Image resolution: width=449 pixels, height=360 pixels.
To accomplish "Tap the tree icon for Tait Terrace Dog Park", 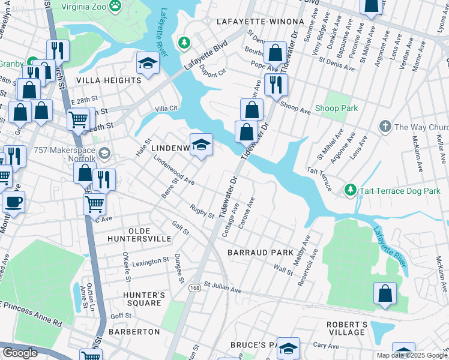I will coord(351,190).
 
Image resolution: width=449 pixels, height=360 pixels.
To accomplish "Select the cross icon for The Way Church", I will coord(385,127).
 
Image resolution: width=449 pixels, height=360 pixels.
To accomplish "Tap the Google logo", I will coord(20,353).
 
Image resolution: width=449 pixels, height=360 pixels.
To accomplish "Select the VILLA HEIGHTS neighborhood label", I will coord(108,80).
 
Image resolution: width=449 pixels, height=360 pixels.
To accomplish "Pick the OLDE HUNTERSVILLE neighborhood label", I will coord(139,235).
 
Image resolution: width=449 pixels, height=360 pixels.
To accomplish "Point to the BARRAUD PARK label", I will coord(260,253).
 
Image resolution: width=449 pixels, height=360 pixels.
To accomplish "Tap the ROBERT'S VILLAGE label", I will coord(346,328).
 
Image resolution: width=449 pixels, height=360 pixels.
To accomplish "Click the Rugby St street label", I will coord(202,211).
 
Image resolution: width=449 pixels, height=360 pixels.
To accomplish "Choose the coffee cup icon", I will coord(13,201).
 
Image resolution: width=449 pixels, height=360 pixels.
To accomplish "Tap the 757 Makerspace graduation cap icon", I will coord(104,153).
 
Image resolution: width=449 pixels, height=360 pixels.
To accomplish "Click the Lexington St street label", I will coord(151,262).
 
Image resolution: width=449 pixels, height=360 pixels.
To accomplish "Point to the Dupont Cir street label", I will coord(212,72).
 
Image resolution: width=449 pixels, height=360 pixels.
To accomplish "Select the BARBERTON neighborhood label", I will coord(134,332).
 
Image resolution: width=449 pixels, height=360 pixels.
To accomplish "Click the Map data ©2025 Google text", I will coord(412,355).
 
